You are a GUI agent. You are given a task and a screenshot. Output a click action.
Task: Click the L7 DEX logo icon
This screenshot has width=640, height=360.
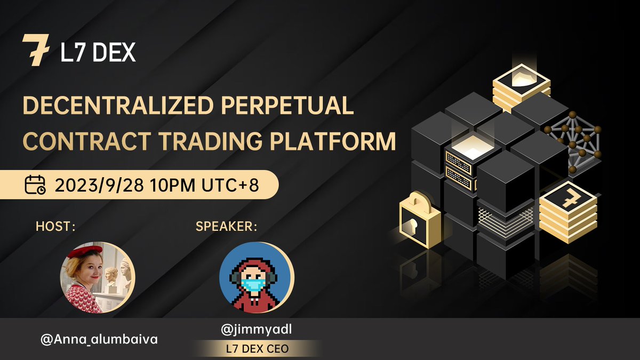(x=36, y=50)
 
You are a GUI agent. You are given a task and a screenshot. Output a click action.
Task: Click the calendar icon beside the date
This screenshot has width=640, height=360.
(x=36, y=186)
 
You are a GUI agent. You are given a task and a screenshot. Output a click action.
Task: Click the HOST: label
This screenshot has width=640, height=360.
(x=55, y=226)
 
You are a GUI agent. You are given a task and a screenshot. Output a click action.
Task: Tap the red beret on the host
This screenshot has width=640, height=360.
(x=84, y=250)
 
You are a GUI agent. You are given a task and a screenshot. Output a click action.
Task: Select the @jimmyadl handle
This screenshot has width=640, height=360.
(x=256, y=331)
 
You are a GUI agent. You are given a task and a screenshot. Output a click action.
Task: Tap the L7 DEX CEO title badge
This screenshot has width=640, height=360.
(x=256, y=348)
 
